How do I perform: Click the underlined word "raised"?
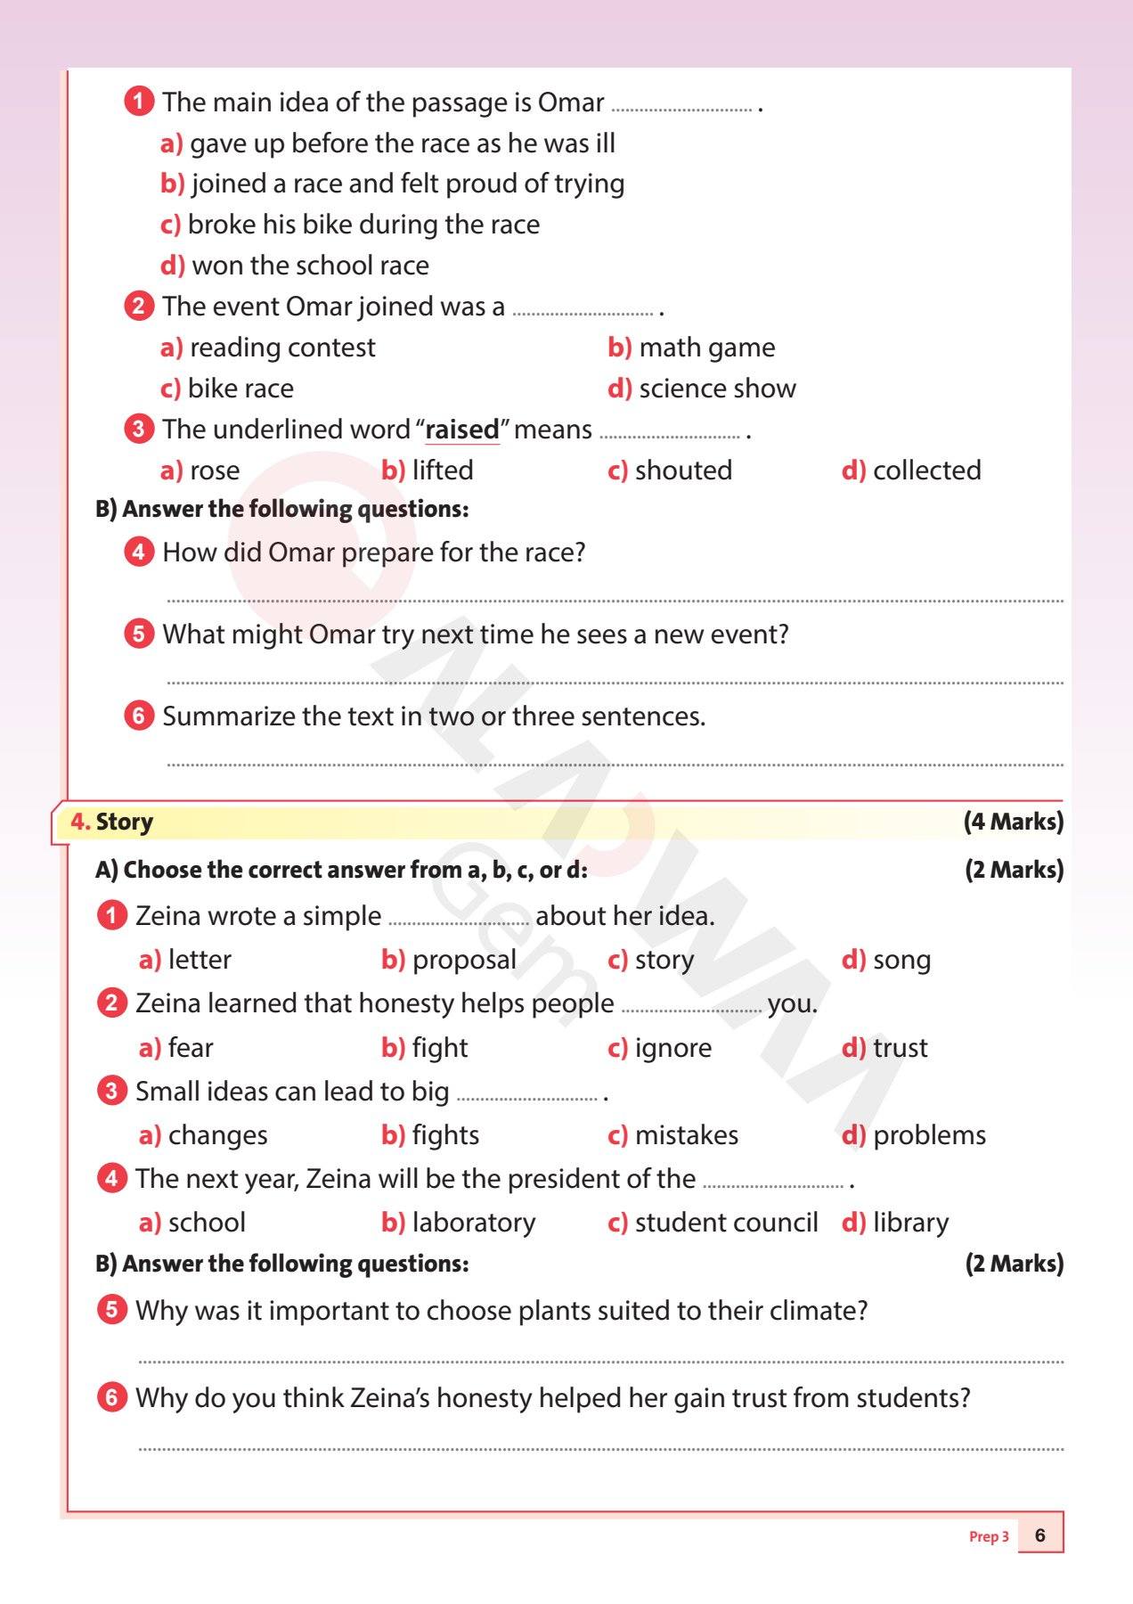(462, 430)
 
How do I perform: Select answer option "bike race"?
(240, 389)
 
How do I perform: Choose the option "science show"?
(717, 389)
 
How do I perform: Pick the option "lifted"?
(442, 471)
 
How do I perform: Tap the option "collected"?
(926, 471)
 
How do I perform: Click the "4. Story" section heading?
(112, 822)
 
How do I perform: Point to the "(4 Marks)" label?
(1013, 822)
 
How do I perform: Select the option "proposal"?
(464, 960)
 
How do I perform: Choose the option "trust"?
(900, 1048)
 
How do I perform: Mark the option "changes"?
(217, 1135)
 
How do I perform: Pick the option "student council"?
(726, 1223)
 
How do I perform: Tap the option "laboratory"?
(473, 1223)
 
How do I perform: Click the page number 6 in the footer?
(1039, 1535)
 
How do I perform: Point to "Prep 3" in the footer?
(989, 1536)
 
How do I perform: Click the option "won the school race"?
(310, 266)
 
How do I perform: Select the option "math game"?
(706, 348)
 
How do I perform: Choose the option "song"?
(901, 960)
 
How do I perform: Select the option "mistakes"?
(686, 1135)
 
